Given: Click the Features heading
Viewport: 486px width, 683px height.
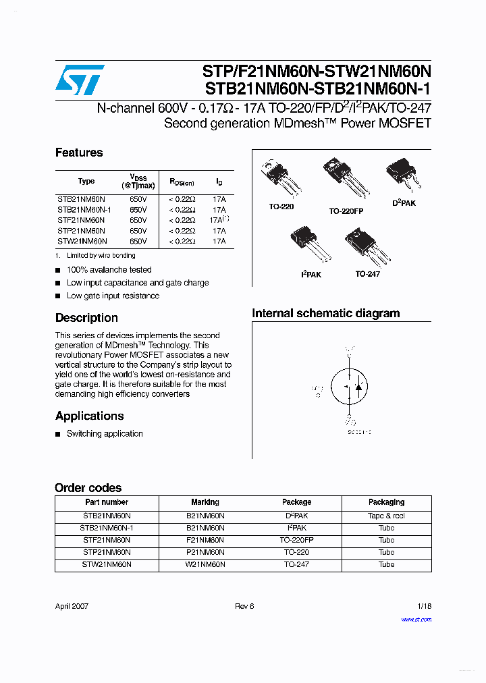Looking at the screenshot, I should (79, 153).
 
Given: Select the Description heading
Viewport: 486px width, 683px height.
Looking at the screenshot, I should (86, 318).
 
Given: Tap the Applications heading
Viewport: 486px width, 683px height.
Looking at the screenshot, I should (90, 416).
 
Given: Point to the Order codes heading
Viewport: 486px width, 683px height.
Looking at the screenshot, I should (88, 487).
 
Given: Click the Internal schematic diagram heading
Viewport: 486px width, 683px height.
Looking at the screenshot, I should (325, 313).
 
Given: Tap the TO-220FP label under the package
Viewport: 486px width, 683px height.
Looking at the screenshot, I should (346, 211).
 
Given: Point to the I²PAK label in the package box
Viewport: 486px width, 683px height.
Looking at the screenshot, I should (310, 275).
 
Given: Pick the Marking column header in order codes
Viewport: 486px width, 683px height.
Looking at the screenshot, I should (205, 502).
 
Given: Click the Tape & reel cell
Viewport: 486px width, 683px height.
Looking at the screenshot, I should (386, 516).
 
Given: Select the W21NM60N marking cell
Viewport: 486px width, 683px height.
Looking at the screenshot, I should (205, 564).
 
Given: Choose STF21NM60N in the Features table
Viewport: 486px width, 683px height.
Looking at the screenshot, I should (81, 220).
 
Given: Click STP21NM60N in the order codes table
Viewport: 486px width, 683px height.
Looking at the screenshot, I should (107, 552).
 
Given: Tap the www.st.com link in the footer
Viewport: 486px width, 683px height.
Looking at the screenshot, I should (416, 619).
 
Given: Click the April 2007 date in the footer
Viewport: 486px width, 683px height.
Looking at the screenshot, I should (72, 606).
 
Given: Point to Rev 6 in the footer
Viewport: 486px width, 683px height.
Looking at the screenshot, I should (244, 606).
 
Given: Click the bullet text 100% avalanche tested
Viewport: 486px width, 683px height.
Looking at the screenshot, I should (109, 270).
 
